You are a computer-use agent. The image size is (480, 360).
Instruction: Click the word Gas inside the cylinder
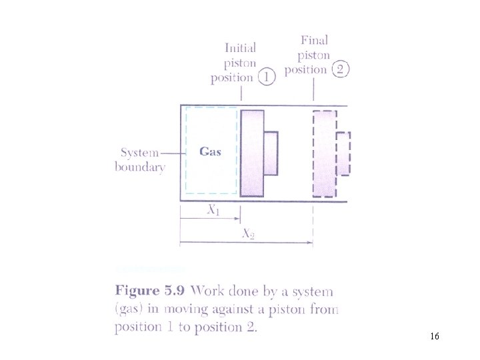coord(210,151)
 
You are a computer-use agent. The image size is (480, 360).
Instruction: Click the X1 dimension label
coord(213,210)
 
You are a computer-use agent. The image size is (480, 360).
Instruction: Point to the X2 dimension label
coord(247,233)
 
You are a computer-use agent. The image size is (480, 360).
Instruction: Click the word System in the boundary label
coord(139,153)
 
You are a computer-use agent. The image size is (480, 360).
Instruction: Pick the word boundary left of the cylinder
coord(139,167)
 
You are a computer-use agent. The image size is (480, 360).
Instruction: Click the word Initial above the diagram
coord(240,48)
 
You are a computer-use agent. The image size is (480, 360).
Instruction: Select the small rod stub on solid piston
coord(270,153)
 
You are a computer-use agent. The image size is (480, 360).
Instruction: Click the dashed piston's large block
coord(325,153)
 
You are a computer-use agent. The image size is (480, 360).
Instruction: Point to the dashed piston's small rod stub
coord(343,153)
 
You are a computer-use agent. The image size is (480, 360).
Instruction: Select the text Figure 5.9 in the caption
coord(151,291)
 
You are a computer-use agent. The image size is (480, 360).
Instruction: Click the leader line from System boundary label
coord(172,153)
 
